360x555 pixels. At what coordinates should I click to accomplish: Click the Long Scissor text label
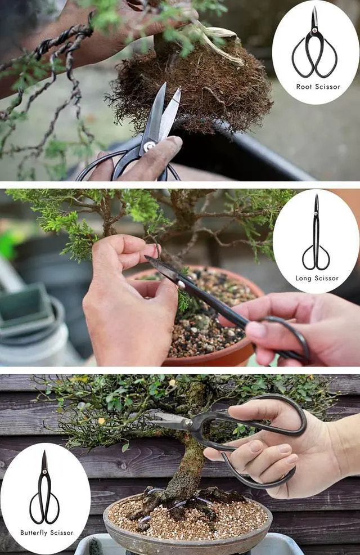[x=317, y=278]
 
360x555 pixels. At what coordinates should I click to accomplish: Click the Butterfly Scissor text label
[x=47, y=532]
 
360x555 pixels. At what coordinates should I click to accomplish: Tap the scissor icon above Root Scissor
[x=314, y=44]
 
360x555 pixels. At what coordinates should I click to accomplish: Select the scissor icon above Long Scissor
[x=316, y=234]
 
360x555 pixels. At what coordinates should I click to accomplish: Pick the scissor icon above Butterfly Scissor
[x=44, y=489]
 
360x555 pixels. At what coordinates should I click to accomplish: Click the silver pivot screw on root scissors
[x=149, y=146]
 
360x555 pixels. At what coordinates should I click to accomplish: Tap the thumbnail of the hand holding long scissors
[x=256, y=330]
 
